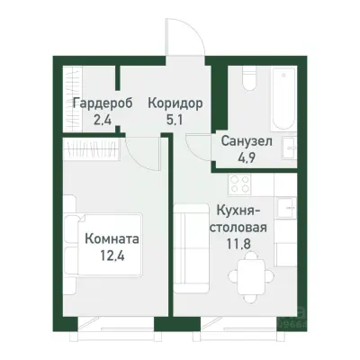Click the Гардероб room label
pyautogui.click(x=103, y=103)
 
